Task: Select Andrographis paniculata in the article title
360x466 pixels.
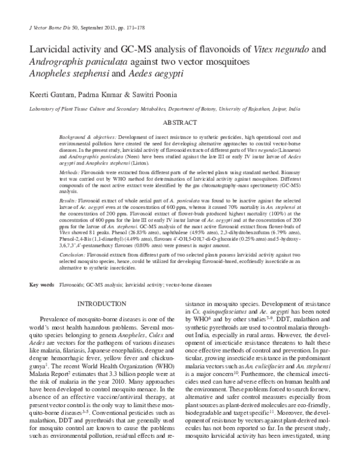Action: coord(80,64)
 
